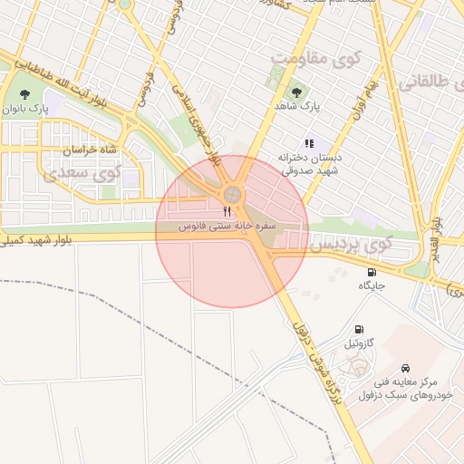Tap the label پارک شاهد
click(299, 107)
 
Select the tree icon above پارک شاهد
click(295, 92)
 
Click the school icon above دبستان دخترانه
click(308, 142)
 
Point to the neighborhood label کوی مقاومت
click(316, 60)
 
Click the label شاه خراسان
click(90, 148)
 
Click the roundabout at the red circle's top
click(233, 194)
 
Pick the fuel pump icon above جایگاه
click(372, 272)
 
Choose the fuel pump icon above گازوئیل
click(360, 330)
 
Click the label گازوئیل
click(358, 344)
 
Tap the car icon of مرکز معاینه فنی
click(404, 368)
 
